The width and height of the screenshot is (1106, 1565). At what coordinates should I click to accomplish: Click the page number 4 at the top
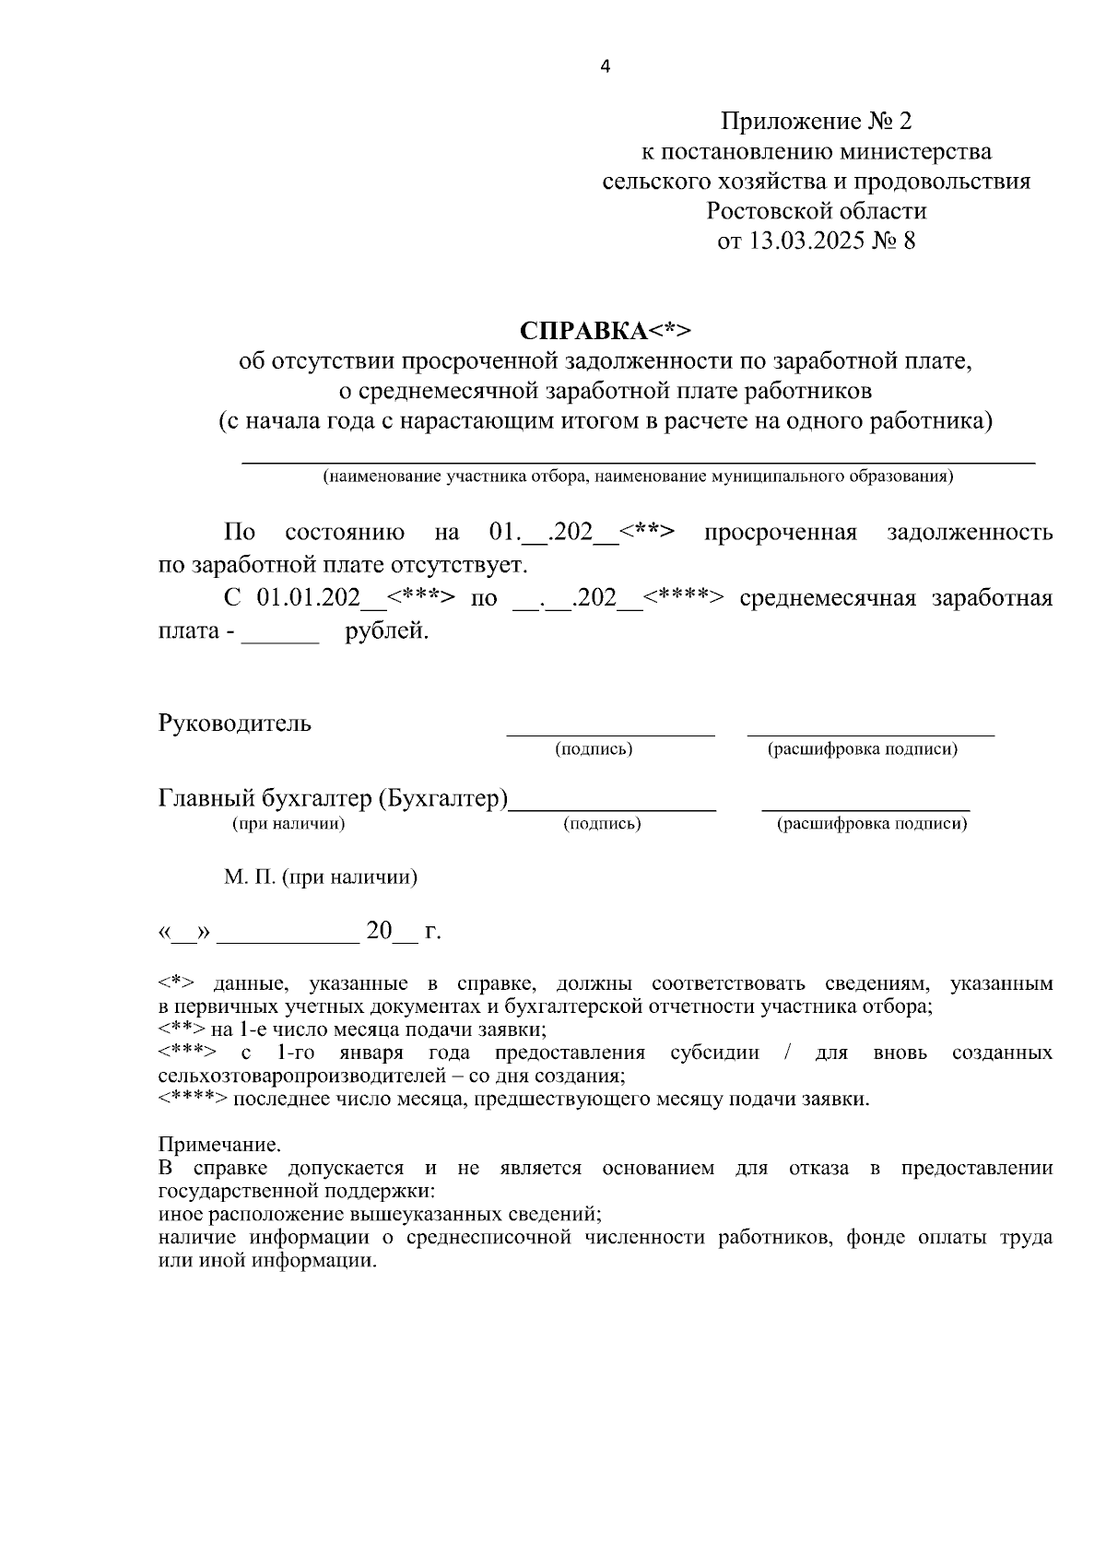(605, 66)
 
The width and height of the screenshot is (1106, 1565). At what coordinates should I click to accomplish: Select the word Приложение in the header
(792, 122)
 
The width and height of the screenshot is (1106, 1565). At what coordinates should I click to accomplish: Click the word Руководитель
(235, 724)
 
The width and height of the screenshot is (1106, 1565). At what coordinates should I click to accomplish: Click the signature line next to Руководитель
(610, 735)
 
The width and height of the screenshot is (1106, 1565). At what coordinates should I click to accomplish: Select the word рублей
(387, 632)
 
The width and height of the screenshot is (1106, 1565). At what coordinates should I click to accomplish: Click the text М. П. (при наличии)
(321, 877)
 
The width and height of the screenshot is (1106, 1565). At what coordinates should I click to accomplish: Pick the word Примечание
(219, 1146)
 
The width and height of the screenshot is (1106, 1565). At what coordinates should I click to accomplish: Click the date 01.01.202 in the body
(308, 599)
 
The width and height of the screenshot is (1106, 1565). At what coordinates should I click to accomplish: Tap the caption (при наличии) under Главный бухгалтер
(288, 824)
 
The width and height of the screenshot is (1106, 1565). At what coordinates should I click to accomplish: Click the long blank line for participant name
(638, 460)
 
